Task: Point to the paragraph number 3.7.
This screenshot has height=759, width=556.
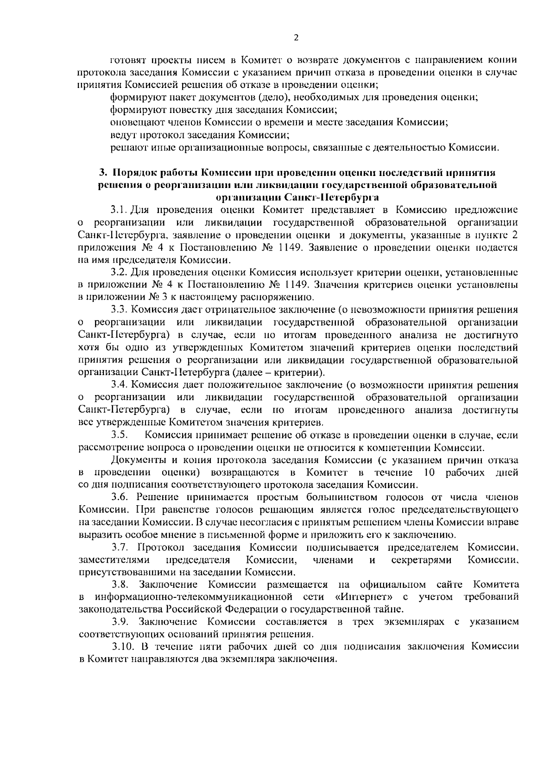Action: (x=119, y=547)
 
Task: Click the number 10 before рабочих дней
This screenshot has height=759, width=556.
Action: (x=429, y=472)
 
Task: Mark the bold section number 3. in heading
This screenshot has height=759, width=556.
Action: (x=103, y=173)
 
